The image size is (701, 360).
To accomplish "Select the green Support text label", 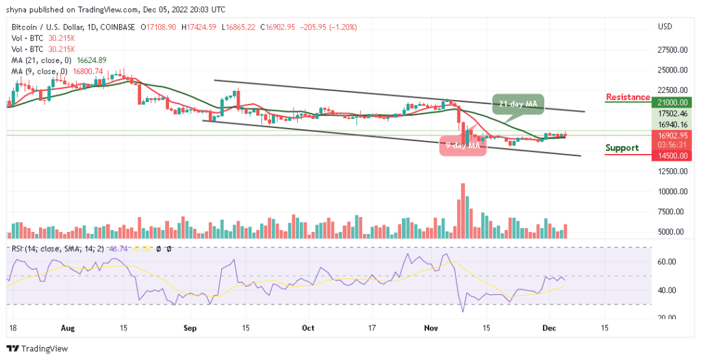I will tap(623, 148).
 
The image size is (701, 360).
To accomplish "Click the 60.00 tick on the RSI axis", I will tap(667, 261).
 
